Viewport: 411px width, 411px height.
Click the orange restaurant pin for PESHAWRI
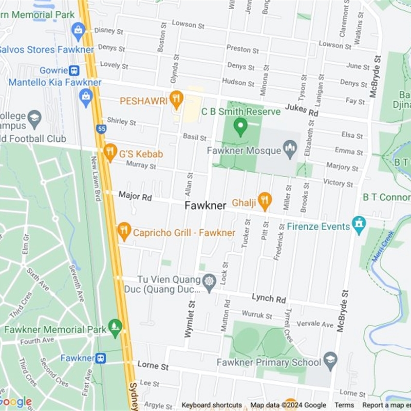(176, 99)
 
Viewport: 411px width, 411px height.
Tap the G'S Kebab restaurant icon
(110, 152)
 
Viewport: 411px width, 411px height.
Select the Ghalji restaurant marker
(265, 201)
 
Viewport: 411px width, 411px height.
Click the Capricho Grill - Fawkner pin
(124, 231)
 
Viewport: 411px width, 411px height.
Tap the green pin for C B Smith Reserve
(240, 126)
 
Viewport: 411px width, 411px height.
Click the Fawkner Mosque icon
(290, 150)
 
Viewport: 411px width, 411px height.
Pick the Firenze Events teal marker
(359, 225)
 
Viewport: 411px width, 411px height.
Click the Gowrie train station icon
(74, 70)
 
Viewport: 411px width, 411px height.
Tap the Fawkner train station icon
(101, 358)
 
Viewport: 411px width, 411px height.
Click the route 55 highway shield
(102, 128)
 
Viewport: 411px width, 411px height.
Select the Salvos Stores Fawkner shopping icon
(78, 30)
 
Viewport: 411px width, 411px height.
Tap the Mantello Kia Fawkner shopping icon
(86, 96)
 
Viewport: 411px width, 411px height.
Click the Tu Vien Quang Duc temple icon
(209, 282)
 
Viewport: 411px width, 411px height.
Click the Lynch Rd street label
(268, 298)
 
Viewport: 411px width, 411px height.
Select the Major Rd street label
(135, 196)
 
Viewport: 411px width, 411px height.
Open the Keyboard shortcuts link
(211, 405)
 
